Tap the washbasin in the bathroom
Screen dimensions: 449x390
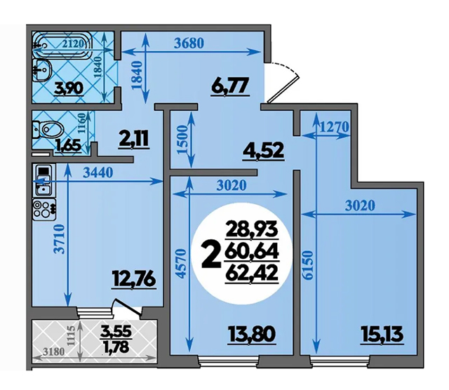[x=42, y=70]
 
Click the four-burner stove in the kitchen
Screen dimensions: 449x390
[x=44, y=210]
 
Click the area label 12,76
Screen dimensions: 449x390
[x=134, y=279]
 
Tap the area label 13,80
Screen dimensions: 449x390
[x=252, y=335]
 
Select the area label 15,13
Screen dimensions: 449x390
[x=382, y=335]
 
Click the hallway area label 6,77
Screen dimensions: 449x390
[x=230, y=86]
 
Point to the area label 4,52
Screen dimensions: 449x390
[x=263, y=150]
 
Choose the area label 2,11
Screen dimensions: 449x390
[x=135, y=140]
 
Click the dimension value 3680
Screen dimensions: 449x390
[x=189, y=43]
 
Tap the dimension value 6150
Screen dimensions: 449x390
[x=307, y=265]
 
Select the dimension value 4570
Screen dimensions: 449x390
[x=181, y=264]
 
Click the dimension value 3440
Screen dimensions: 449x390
[x=98, y=173]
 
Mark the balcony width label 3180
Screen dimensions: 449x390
[x=53, y=351]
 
